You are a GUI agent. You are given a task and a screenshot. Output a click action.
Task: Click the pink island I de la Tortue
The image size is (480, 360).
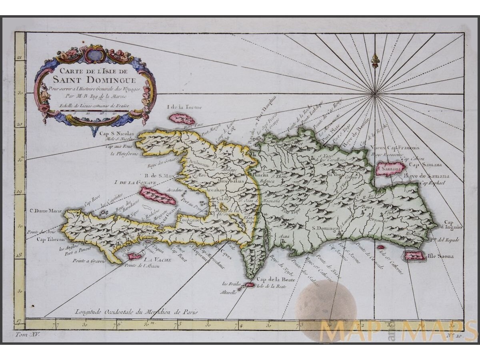[x=182, y=119]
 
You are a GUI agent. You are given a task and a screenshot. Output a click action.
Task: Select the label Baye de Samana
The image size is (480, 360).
[x=432, y=176]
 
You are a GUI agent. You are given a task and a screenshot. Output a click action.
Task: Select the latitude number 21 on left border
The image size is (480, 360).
[x=19, y=58]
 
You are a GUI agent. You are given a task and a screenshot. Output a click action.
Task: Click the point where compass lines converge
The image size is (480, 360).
[x=374, y=94]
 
